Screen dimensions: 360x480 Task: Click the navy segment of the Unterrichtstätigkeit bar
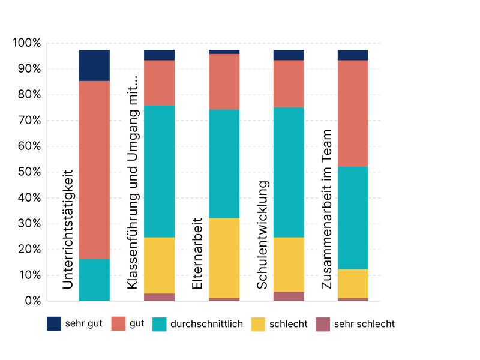tap(94, 65)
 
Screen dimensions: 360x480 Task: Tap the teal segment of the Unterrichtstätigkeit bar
tap(94, 280)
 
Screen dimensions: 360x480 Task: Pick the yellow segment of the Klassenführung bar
tap(159, 265)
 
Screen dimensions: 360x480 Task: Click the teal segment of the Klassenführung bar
tap(159, 171)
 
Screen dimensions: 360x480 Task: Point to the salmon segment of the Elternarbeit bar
tap(224, 82)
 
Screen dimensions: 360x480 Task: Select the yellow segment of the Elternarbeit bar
tap(224, 257)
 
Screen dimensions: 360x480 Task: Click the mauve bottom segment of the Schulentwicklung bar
tap(289, 296)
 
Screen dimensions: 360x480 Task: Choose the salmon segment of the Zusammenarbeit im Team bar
tap(352, 113)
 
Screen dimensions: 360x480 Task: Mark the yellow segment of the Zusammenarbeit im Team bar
tap(352, 283)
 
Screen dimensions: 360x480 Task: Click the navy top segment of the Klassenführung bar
tap(159, 55)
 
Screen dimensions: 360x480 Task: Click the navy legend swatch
tap(54, 324)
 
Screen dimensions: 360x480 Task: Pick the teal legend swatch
tap(159, 324)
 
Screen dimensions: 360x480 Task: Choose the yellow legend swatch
tap(258, 324)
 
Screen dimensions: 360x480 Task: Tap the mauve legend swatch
tap(323, 324)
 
